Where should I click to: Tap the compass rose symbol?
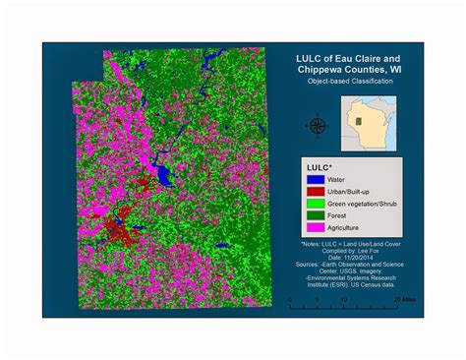click(x=317, y=125)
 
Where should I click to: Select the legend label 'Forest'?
click(x=339, y=214)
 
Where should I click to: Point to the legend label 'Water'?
click(x=339, y=179)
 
